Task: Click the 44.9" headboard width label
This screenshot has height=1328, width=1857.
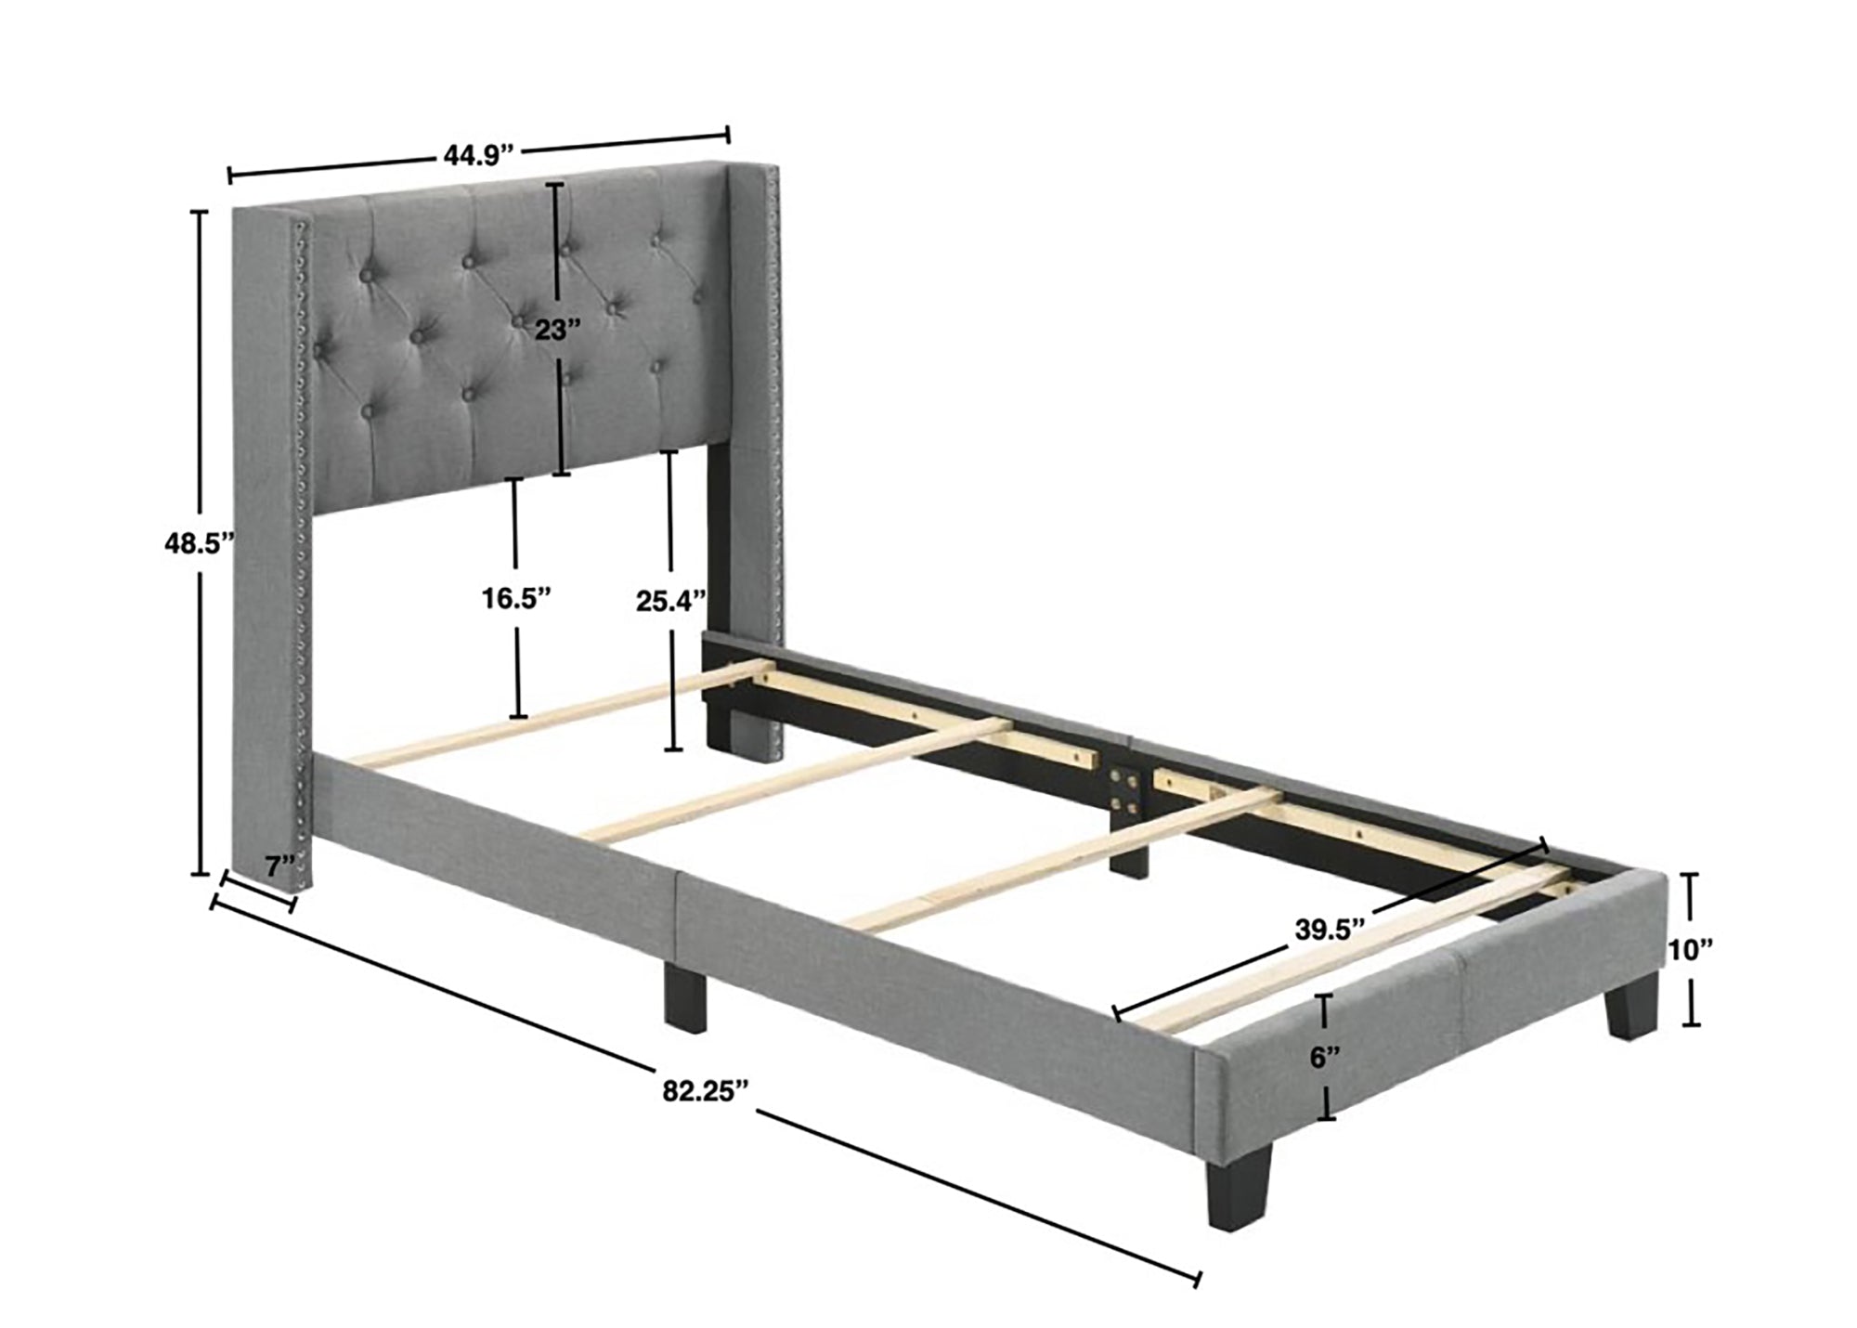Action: [478, 154]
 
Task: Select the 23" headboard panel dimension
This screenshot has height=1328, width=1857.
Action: [557, 329]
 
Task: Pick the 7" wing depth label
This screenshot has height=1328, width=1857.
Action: [278, 866]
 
